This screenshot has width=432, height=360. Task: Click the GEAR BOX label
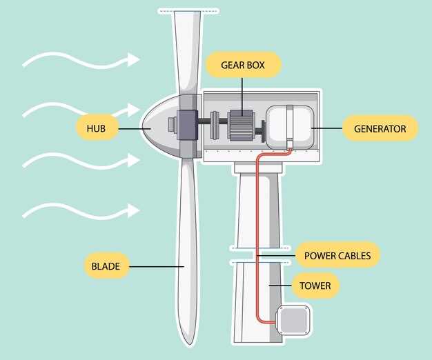[243, 65]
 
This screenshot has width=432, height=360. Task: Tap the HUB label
[96, 128]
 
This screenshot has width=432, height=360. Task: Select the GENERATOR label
[380, 128]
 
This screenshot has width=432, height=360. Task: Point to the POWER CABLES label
[337, 256]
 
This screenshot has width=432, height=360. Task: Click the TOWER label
[315, 286]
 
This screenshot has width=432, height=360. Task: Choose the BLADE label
[106, 266]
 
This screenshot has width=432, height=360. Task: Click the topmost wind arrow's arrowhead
[134, 59]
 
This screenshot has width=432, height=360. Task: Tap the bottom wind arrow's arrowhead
[134, 210]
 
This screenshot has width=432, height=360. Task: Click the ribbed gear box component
[240, 126]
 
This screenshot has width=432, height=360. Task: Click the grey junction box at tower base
[293, 321]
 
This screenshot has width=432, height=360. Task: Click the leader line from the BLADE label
[157, 266]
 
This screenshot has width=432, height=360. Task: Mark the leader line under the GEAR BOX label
[242, 97]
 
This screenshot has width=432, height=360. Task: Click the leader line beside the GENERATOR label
[327, 128]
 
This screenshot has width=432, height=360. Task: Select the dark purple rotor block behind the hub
[187, 125]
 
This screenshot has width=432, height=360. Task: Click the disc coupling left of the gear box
[215, 125]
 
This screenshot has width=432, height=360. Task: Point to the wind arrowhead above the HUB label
[134, 110]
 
